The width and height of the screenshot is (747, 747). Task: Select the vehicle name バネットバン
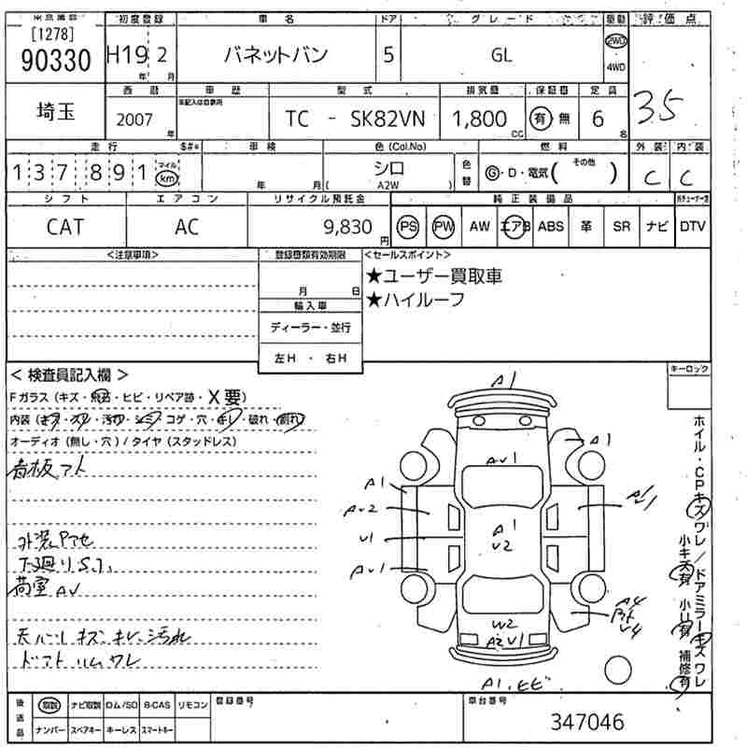coord(280,55)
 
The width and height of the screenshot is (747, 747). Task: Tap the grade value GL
coord(501,55)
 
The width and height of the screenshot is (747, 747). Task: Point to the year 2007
coord(136,120)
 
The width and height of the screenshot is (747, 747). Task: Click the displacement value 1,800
coord(480,119)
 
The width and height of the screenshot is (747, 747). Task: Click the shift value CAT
coord(64,227)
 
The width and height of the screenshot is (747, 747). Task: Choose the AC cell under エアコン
coord(187,227)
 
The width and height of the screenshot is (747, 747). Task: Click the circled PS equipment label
coord(408,227)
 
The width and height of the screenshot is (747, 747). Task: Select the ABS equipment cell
coord(551,227)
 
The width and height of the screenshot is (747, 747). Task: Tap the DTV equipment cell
coord(692,227)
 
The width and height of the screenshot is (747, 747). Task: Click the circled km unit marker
coord(165,177)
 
